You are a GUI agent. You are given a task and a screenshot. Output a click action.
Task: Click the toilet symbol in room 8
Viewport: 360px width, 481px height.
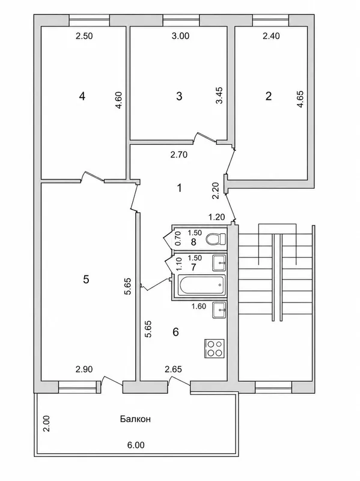pos(216,239)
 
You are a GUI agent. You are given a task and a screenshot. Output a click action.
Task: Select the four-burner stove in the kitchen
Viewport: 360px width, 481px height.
pos(215,349)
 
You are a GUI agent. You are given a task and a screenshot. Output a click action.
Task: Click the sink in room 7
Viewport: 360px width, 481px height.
pos(219,263)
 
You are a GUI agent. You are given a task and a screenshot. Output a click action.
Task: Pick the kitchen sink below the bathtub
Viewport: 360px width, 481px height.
pos(219,310)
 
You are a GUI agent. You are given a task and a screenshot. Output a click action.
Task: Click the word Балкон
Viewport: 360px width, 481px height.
pos(135,419)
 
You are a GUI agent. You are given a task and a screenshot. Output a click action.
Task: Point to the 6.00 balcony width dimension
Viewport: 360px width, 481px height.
pos(136,445)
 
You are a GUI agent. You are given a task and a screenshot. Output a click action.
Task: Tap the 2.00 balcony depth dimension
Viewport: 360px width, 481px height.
pos(46,424)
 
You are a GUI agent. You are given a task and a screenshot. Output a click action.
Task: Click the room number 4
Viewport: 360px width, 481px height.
pos(82,96)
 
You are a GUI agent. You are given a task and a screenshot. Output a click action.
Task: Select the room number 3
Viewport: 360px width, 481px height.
pos(179,96)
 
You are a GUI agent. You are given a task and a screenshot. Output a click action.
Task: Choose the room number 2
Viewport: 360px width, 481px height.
pos(268,96)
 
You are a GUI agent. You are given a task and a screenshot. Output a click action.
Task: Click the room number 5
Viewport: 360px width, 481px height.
pos(86,280)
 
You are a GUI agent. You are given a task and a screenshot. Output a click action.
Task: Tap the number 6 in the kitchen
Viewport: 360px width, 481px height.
pos(175,332)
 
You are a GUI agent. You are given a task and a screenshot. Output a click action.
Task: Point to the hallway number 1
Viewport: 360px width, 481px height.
pos(179,188)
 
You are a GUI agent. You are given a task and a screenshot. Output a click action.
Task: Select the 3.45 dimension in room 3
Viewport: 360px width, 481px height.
pos(219,96)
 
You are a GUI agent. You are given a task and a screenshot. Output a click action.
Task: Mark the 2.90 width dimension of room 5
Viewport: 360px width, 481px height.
pos(84,369)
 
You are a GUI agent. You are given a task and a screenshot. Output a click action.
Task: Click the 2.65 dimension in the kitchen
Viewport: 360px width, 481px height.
pos(173,369)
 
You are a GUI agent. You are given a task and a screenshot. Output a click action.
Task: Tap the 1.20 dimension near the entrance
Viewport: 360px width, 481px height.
pos(217,217)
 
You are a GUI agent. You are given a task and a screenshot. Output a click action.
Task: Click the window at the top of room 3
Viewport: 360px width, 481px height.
pos(182,20)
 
